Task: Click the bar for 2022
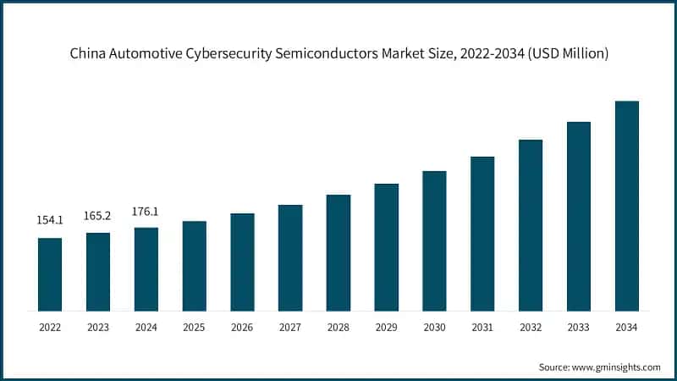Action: click(50, 274)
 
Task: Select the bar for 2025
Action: click(194, 266)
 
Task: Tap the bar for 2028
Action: click(338, 252)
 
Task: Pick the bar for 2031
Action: click(482, 234)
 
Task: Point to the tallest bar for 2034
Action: click(627, 206)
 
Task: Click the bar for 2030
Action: click(434, 240)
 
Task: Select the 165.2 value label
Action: click(98, 216)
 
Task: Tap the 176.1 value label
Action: click(146, 211)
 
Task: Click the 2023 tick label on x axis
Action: click(98, 327)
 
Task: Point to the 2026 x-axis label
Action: click(242, 327)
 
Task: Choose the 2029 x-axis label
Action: click(387, 327)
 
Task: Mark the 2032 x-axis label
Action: click(531, 327)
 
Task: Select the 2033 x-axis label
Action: click(579, 327)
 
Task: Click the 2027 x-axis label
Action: click(290, 327)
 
